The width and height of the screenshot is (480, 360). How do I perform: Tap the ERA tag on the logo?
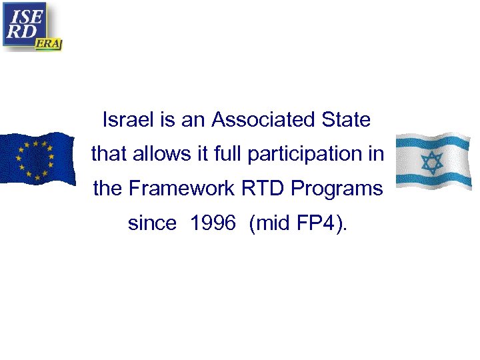[48, 43]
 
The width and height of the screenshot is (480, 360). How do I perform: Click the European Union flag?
[37, 159]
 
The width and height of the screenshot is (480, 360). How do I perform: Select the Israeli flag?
[433, 162]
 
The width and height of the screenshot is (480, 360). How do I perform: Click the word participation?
[307, 155]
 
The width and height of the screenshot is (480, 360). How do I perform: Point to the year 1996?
[212, 223]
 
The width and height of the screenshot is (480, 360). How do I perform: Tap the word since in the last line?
[152, 223]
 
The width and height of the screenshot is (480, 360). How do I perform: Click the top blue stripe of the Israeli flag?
[433, 144]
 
